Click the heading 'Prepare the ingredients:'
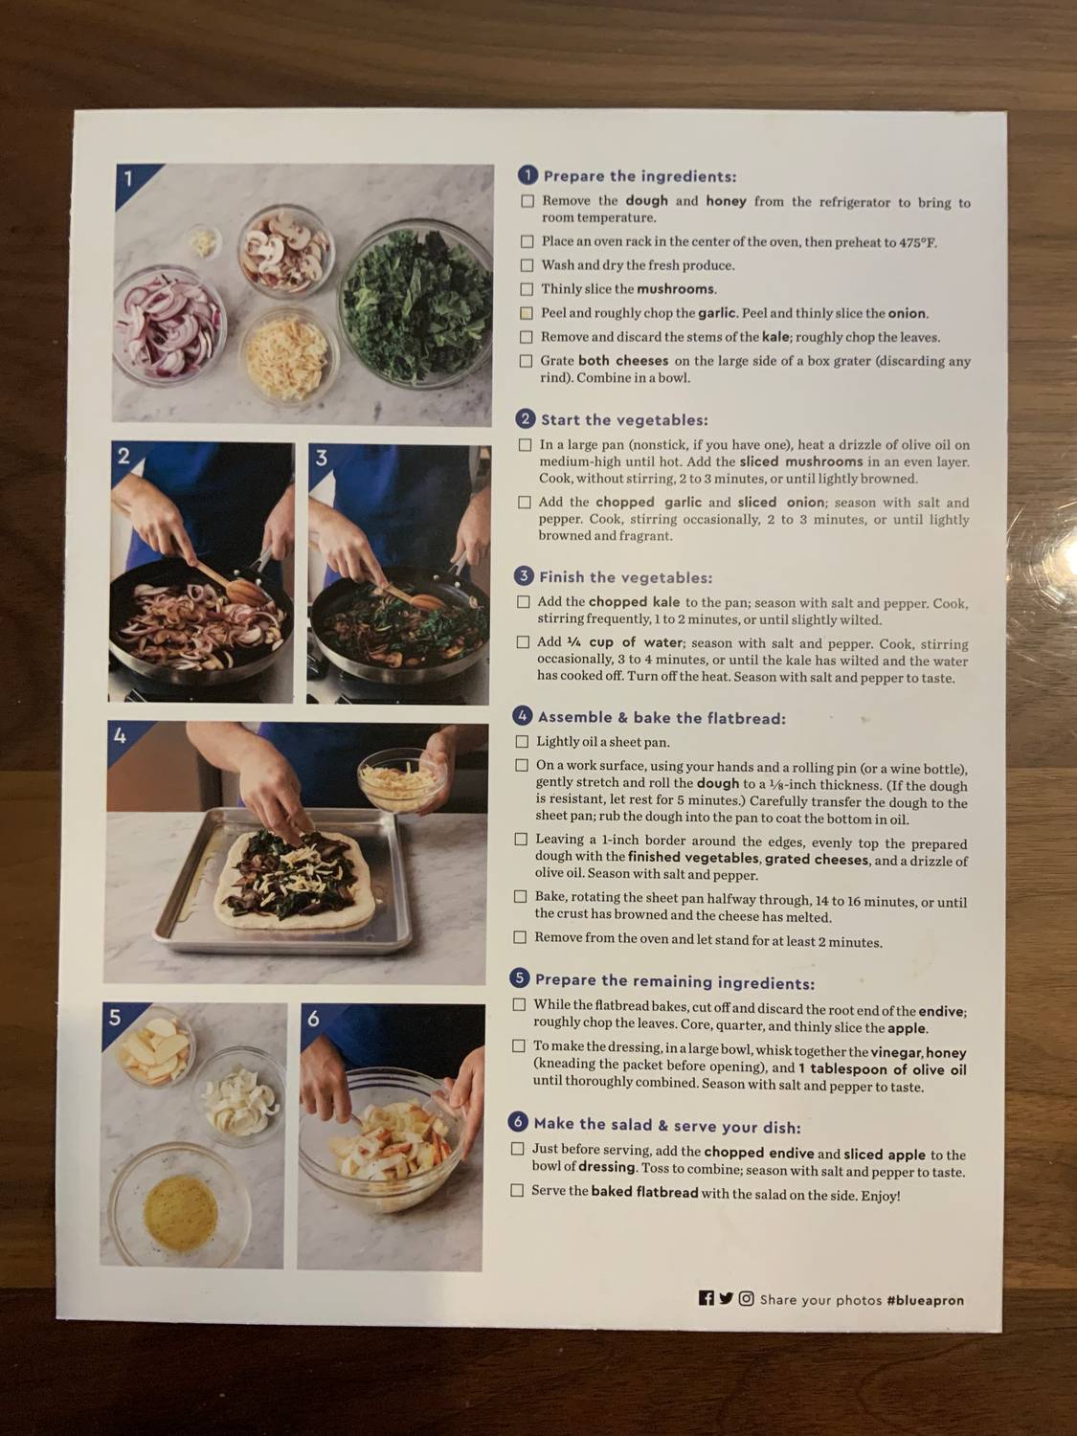(639, 176)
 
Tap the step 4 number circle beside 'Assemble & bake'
(523, 716)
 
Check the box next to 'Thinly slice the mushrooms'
(527, 289)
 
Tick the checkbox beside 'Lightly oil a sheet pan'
(522, 741)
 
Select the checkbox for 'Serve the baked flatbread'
(517, 1190)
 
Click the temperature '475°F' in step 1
(917, 242)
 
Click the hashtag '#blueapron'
(925, 1300)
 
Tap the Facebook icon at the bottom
(707, 1298)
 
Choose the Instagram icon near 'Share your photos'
(746, 1298)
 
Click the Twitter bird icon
(726, 1298)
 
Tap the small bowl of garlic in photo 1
(203, 240)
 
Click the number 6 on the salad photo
(314, 1019)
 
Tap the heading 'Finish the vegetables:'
(625, 577)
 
